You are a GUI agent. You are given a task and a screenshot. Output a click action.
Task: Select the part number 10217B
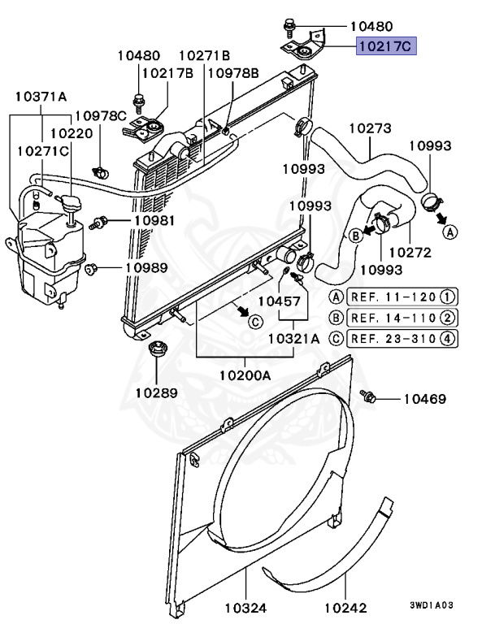click(168, 73)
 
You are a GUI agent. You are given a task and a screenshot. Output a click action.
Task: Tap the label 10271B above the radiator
click(204, 55)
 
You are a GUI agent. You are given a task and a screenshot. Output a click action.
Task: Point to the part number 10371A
click(41, 97)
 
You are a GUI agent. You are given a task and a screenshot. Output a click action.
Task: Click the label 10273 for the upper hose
click(371, 128)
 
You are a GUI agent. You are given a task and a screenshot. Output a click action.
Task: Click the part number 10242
click(345, 607)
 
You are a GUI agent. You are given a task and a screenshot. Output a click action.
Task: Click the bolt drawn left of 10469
click(369, 396)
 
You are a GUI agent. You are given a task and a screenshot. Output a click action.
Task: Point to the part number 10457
click(280, 300)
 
